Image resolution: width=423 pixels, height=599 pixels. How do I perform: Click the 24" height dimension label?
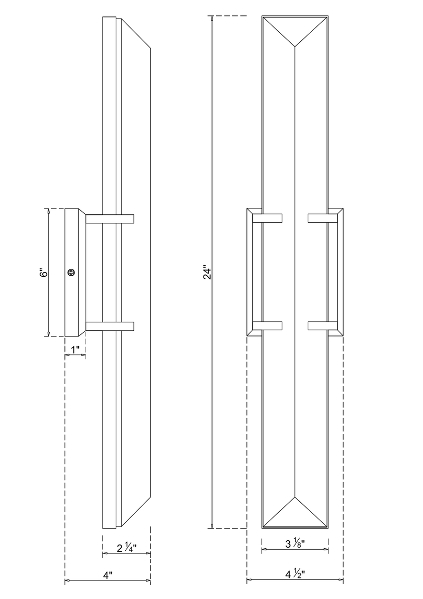tap(207, 273)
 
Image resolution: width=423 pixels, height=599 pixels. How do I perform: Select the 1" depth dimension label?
tap(75, 349)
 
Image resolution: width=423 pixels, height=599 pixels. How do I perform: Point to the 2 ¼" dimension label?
tap(126, 548)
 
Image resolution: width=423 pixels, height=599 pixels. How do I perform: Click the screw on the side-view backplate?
tap(71, 273)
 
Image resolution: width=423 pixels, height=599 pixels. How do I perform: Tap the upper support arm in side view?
tap(109, 219)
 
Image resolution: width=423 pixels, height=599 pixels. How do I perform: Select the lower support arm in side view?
tap(109, 326)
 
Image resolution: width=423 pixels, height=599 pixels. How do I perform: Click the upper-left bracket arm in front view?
tap(268, 218)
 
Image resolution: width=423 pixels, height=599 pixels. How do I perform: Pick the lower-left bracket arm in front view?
tap(268, 326)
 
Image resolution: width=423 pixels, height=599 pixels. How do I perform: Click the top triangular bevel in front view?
tap(295, 29)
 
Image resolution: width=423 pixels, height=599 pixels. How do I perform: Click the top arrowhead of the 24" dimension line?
tap(213, 19)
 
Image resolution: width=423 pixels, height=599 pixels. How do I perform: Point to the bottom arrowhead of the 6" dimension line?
tap(49, 333)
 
